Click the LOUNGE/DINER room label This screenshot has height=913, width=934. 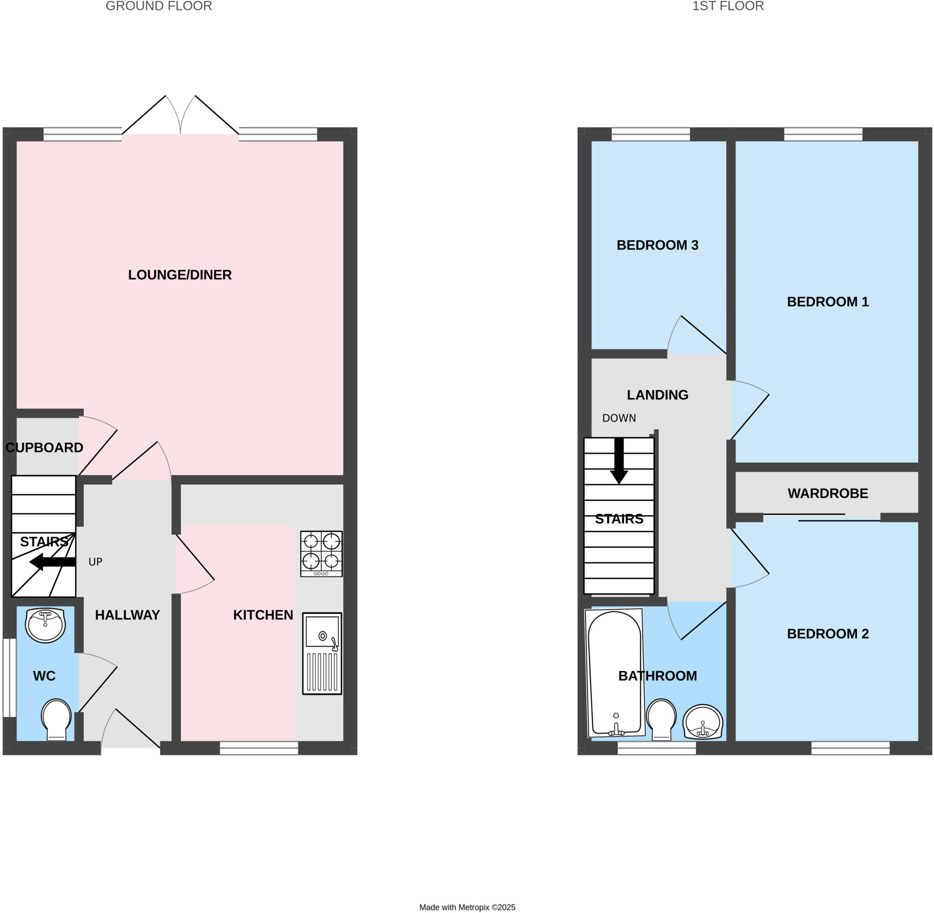click(180, 275)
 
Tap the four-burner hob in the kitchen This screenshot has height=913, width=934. click(321, 553)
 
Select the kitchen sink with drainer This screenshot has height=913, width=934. click(322, 653)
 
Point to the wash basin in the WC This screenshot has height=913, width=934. click(45, 625)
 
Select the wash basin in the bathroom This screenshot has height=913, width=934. click(702, 721)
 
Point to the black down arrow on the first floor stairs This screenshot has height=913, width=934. click(619, 460)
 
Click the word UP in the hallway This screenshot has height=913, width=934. click(95, 562)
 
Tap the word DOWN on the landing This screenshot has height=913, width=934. click(619, 418)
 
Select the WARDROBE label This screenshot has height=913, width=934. click(828, 493)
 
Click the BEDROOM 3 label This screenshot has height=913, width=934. click(657, 245)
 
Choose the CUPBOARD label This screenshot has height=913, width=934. click(44, 447)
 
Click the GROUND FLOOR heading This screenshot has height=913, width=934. click(159, 6)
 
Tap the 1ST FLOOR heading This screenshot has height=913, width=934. click(728, 6)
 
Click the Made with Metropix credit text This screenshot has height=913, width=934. click(467, 907)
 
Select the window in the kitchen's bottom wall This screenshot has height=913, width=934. click(259, 748)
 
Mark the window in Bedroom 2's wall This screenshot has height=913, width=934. click(851, 748)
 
